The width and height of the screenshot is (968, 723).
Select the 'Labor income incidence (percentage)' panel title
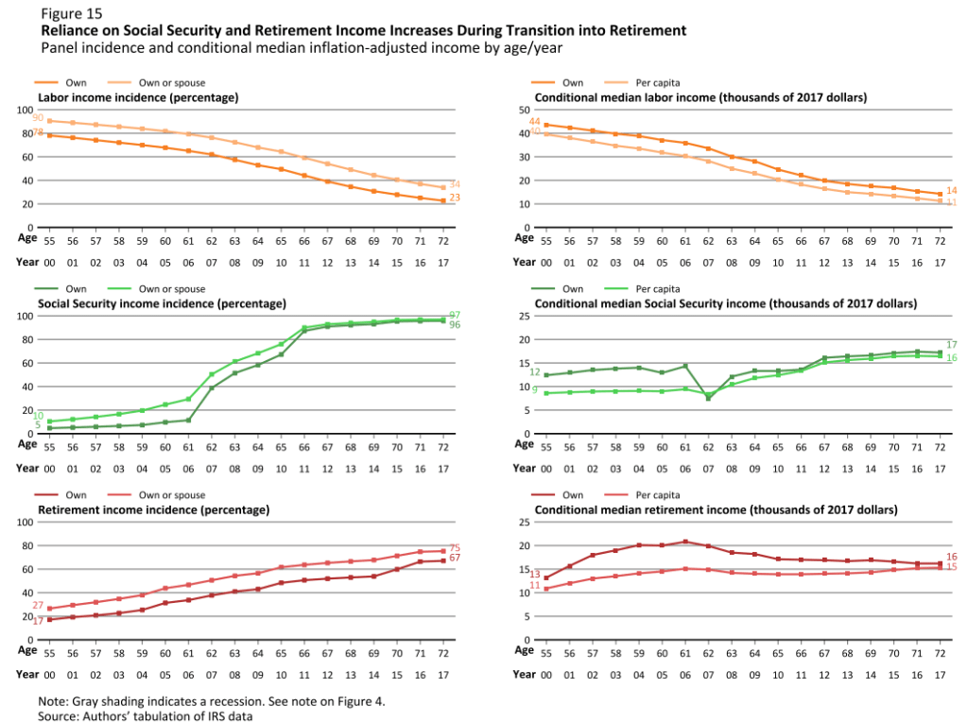pos(137,97)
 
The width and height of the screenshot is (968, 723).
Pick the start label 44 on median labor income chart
pos(534,123)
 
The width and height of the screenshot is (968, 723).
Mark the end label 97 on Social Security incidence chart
pos(454,314)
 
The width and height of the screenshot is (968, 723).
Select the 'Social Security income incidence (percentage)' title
pos(161,303)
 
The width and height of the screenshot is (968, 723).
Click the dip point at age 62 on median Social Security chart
pos(708,398)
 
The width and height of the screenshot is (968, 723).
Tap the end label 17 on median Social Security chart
pos(951,345)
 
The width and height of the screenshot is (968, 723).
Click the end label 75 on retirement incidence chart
pos(454,548)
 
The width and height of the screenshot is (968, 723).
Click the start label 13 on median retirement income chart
pos(534,575)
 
